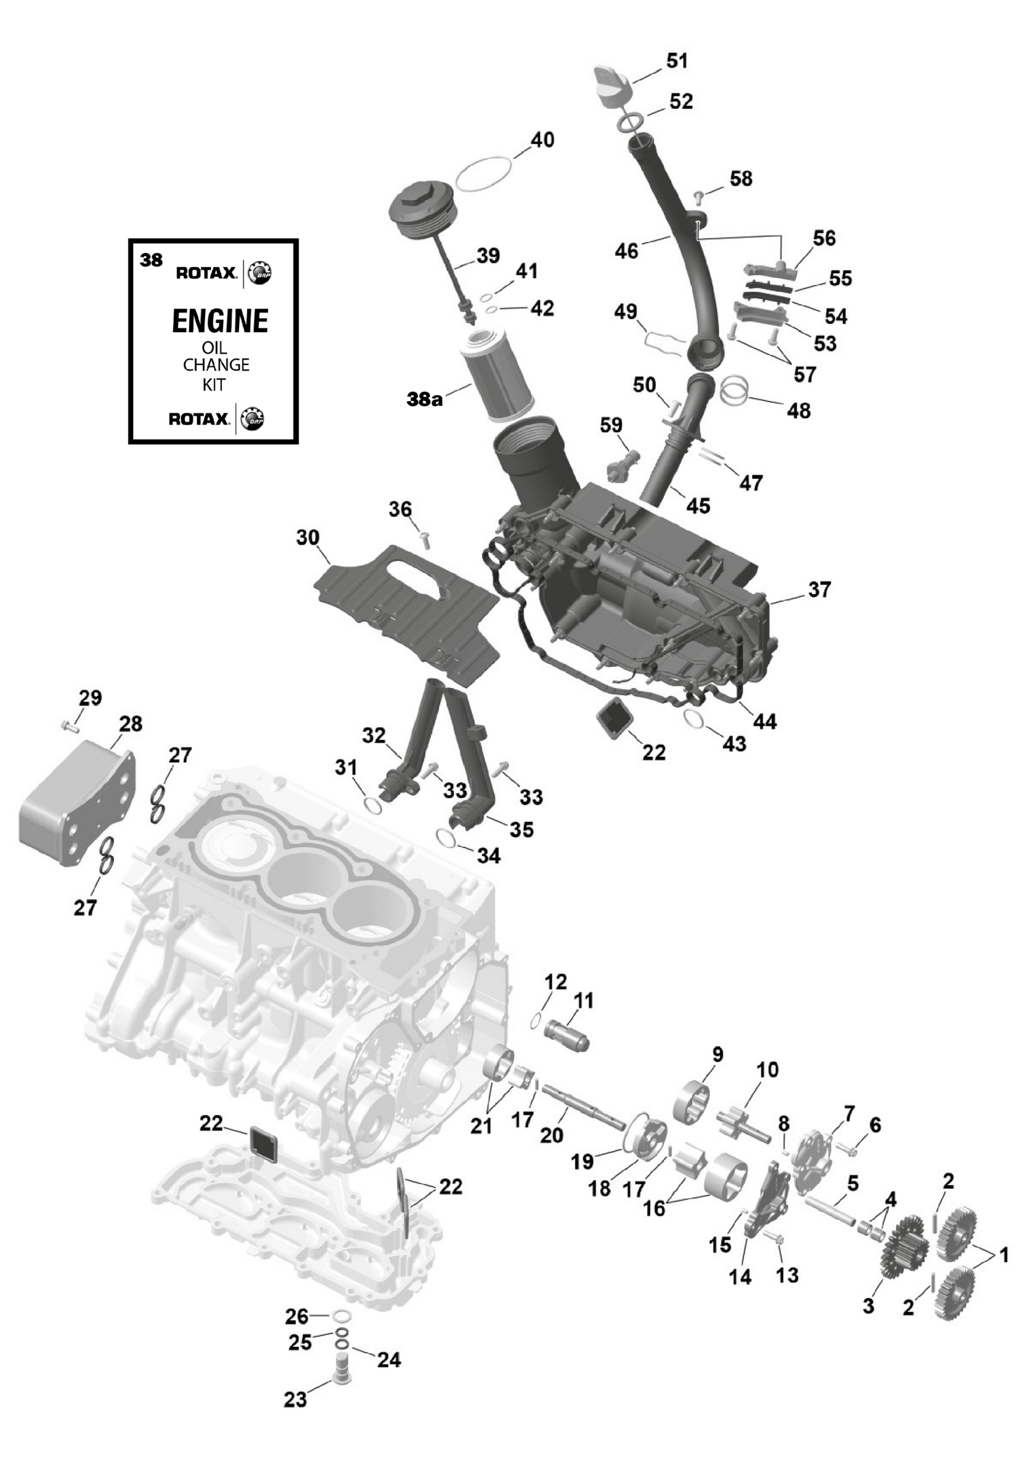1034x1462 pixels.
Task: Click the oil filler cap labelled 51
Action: point(613,86)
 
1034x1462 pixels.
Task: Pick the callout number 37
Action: point(819,590)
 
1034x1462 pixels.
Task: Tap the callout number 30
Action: point(308,537)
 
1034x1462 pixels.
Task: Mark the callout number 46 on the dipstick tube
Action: point(626,251)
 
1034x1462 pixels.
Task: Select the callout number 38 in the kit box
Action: point(151,260)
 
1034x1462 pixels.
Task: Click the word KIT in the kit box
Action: point(214,385)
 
